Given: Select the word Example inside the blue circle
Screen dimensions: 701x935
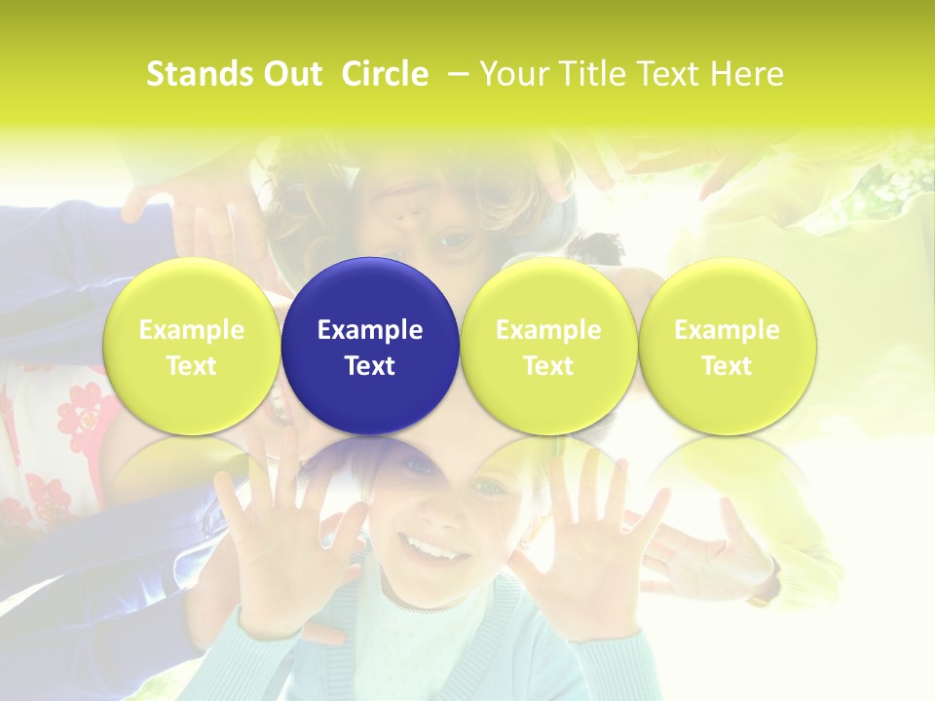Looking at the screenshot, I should pos(370,330).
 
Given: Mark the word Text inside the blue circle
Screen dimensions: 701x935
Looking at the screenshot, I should pos(370,366).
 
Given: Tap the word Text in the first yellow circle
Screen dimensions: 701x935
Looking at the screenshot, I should pos(191,366).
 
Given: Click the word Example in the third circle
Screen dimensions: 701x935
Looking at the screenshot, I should pos(548,330).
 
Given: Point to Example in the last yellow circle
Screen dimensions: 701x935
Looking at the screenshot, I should pos(727,330).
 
